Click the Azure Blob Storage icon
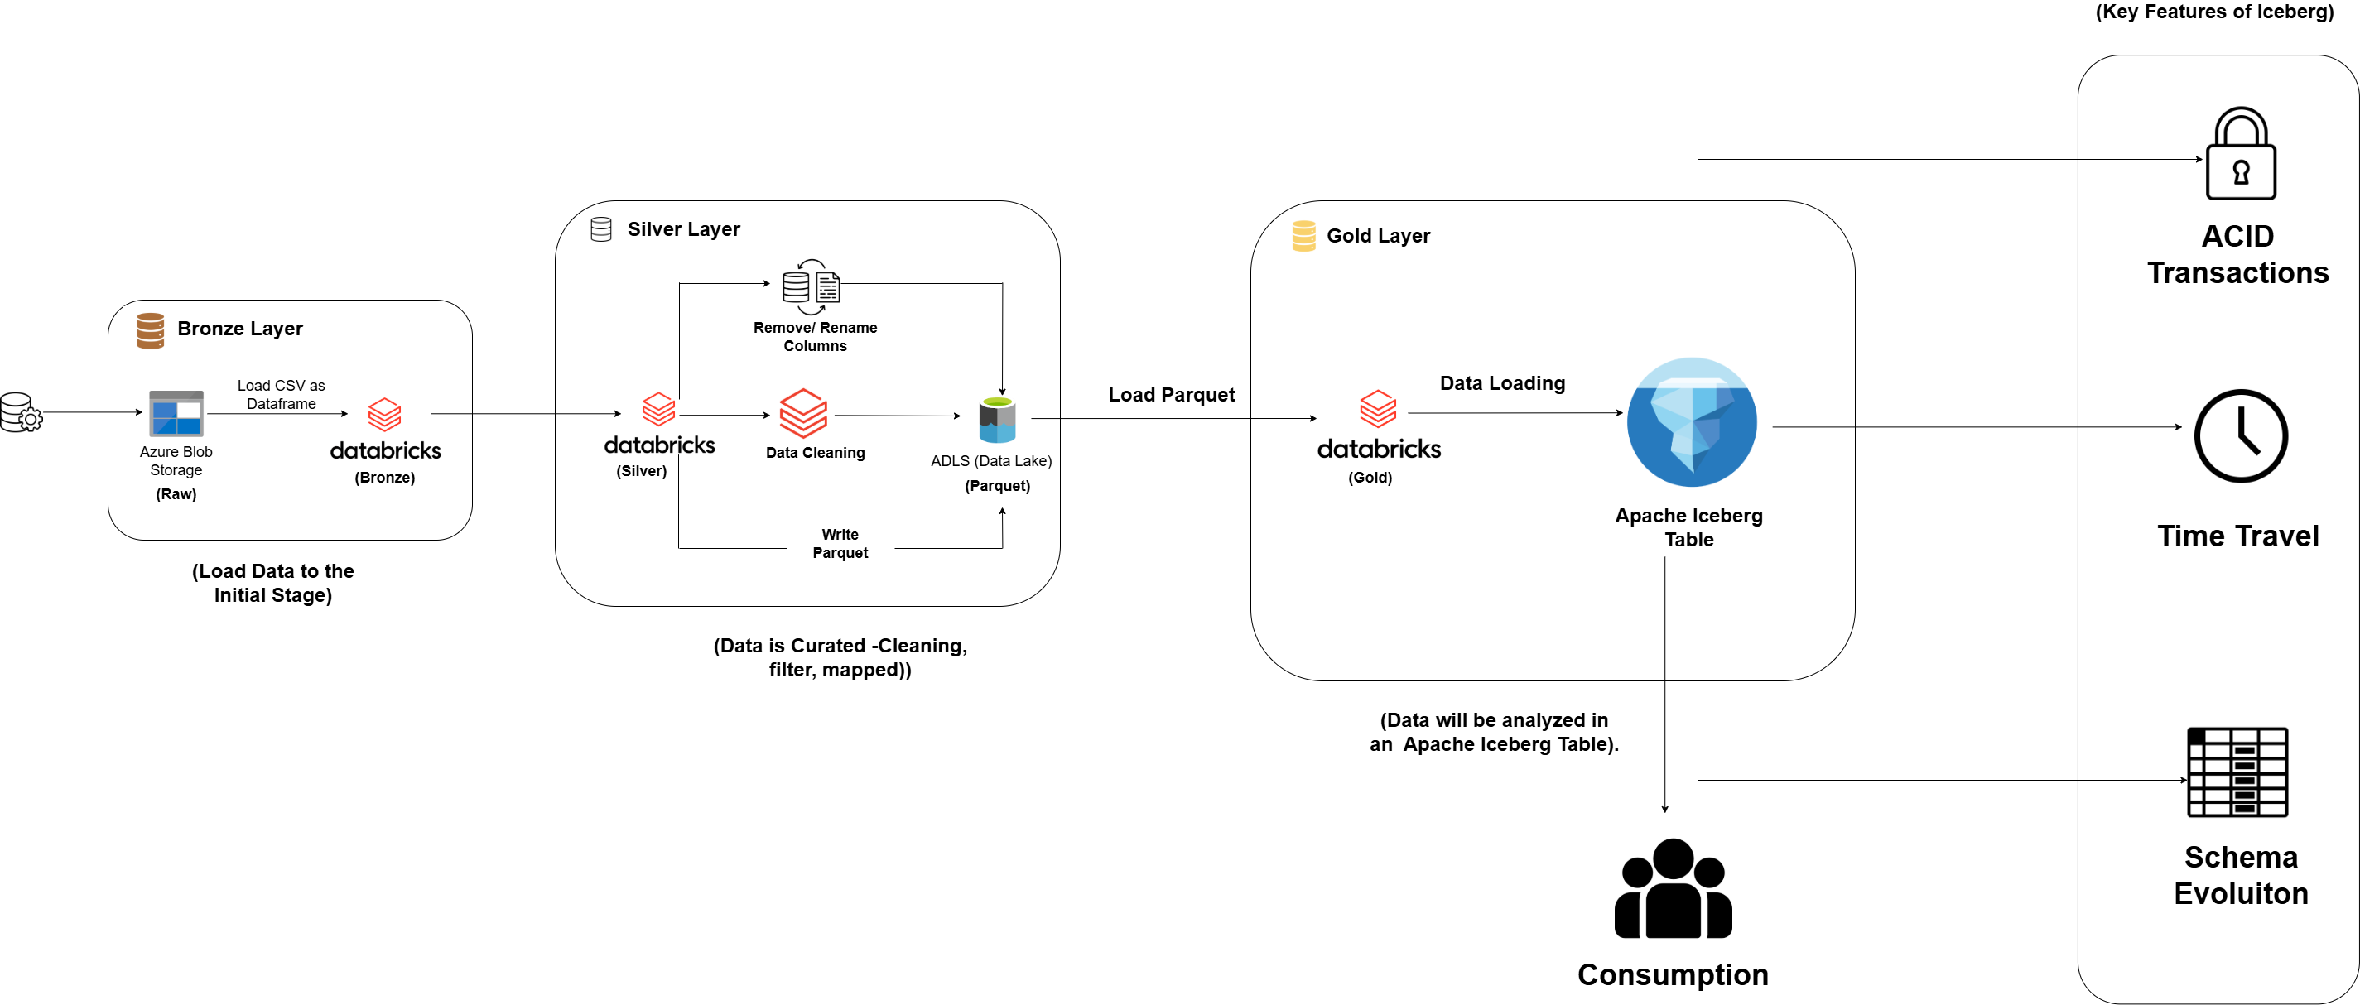tap(176, 413)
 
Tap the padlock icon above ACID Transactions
tap(2240, 154)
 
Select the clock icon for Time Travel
tap(2240, 436)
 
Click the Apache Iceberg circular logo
tap(1691, 422)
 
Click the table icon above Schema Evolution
tap(2237, 772)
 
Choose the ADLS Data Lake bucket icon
tap(997, 420)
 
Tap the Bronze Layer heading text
tap(239, 328)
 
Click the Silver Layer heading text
tap(683, 229)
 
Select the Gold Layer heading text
tap(1377, 235)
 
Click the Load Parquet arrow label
tap(1171, 395)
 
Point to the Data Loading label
tap(1501, 383)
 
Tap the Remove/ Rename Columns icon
tap(811, 286)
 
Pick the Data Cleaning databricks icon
tap(802, 413)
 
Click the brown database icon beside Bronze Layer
tap(150, 329)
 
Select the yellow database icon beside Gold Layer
tap(1303, 235)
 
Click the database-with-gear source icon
tap(20, 412)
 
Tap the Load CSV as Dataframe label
tap(281, 394)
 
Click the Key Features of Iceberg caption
tap(2213, 12)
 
